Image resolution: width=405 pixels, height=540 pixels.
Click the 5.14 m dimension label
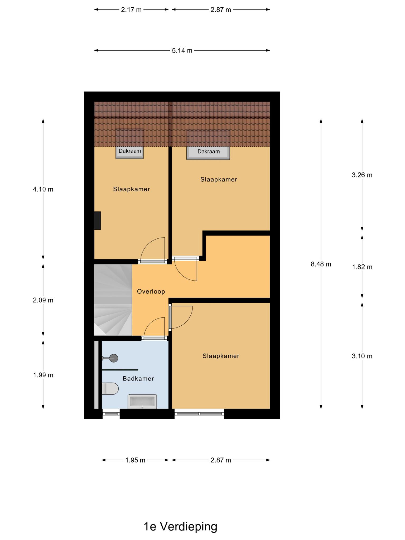pos(182,50)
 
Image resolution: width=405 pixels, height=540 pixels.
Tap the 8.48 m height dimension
pos(321,264)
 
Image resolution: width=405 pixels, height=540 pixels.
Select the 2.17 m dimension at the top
pos(131,10)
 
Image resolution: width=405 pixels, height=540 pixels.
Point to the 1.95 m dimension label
pos(135,460)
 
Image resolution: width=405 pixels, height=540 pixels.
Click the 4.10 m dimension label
pos(43,189)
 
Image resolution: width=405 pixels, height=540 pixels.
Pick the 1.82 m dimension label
pos(362,267)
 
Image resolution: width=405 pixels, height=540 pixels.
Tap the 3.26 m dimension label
pos(362,175)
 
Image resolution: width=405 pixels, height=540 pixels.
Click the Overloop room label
pos(151,291)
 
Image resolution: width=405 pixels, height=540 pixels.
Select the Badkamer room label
pos(138,378)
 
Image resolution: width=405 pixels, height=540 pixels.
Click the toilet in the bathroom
pos(110,389)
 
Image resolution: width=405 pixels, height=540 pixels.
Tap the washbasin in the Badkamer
pos(142,401)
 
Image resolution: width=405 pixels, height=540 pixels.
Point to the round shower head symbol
pos(114,358)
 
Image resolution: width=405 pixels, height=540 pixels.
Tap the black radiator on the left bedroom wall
pos(98,220)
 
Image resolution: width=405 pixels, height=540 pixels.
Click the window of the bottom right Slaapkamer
pos(199,414)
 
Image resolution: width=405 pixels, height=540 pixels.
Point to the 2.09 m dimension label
pos(43,300)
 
